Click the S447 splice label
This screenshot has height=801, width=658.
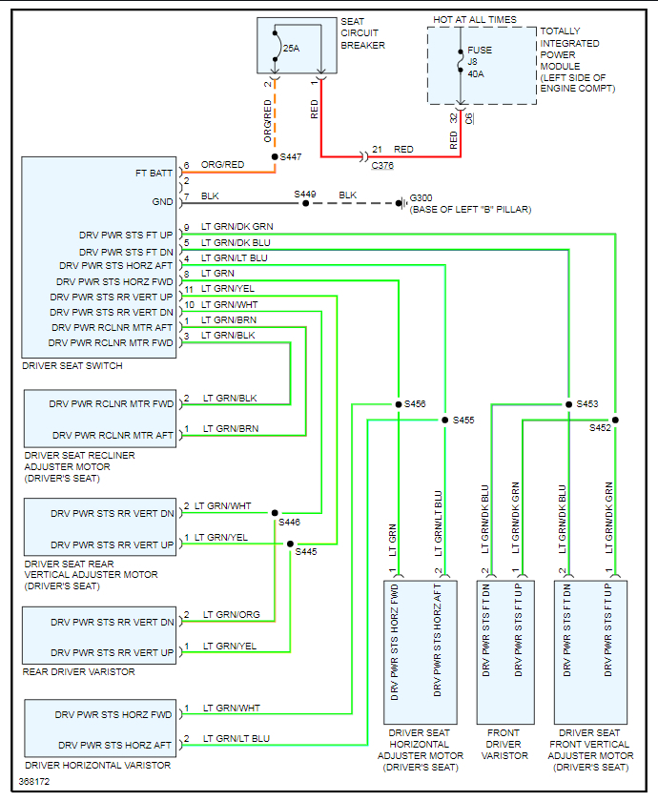291,156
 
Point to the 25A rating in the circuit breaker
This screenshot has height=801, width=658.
292,45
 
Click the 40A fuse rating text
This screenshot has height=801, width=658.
477,73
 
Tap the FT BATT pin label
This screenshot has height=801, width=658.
155,174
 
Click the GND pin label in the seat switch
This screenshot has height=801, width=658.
163,202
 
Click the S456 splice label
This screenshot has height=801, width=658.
415,404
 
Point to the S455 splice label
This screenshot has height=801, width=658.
463,420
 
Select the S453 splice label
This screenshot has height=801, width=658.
586,404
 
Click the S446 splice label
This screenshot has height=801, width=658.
289,522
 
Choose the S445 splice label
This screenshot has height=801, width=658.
305,551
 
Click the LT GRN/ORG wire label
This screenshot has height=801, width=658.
231,615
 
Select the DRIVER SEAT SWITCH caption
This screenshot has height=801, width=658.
72,366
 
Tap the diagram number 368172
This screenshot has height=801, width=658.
33,782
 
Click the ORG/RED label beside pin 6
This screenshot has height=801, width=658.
222,165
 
